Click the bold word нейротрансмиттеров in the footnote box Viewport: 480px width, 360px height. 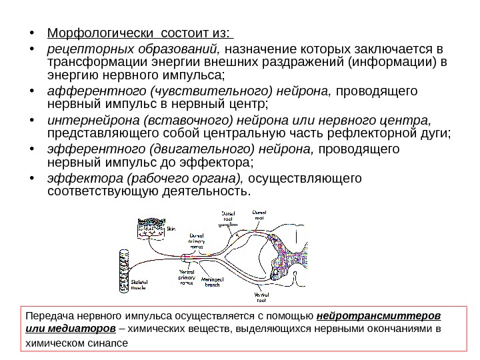coord(382,315)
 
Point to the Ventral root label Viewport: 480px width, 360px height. coord(261,296)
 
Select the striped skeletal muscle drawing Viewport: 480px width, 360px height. coord(123,269)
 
